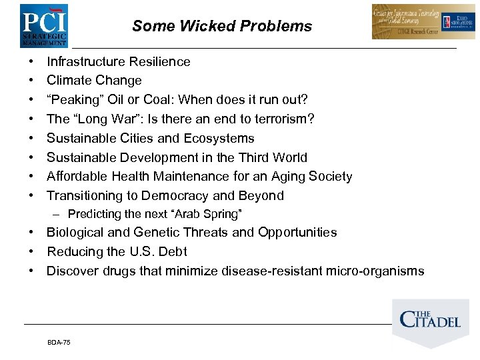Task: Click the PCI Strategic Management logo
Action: click(x=43, y=25)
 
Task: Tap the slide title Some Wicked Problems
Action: click(x=222, y=26)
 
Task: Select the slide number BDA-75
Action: click(x=59, y=342)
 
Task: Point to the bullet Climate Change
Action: click(x=94, y=81)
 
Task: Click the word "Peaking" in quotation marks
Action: click(x=75, y=100)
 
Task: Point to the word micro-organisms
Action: click(x=373, y=271)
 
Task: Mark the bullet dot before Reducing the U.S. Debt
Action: click(x=31, y=252)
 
